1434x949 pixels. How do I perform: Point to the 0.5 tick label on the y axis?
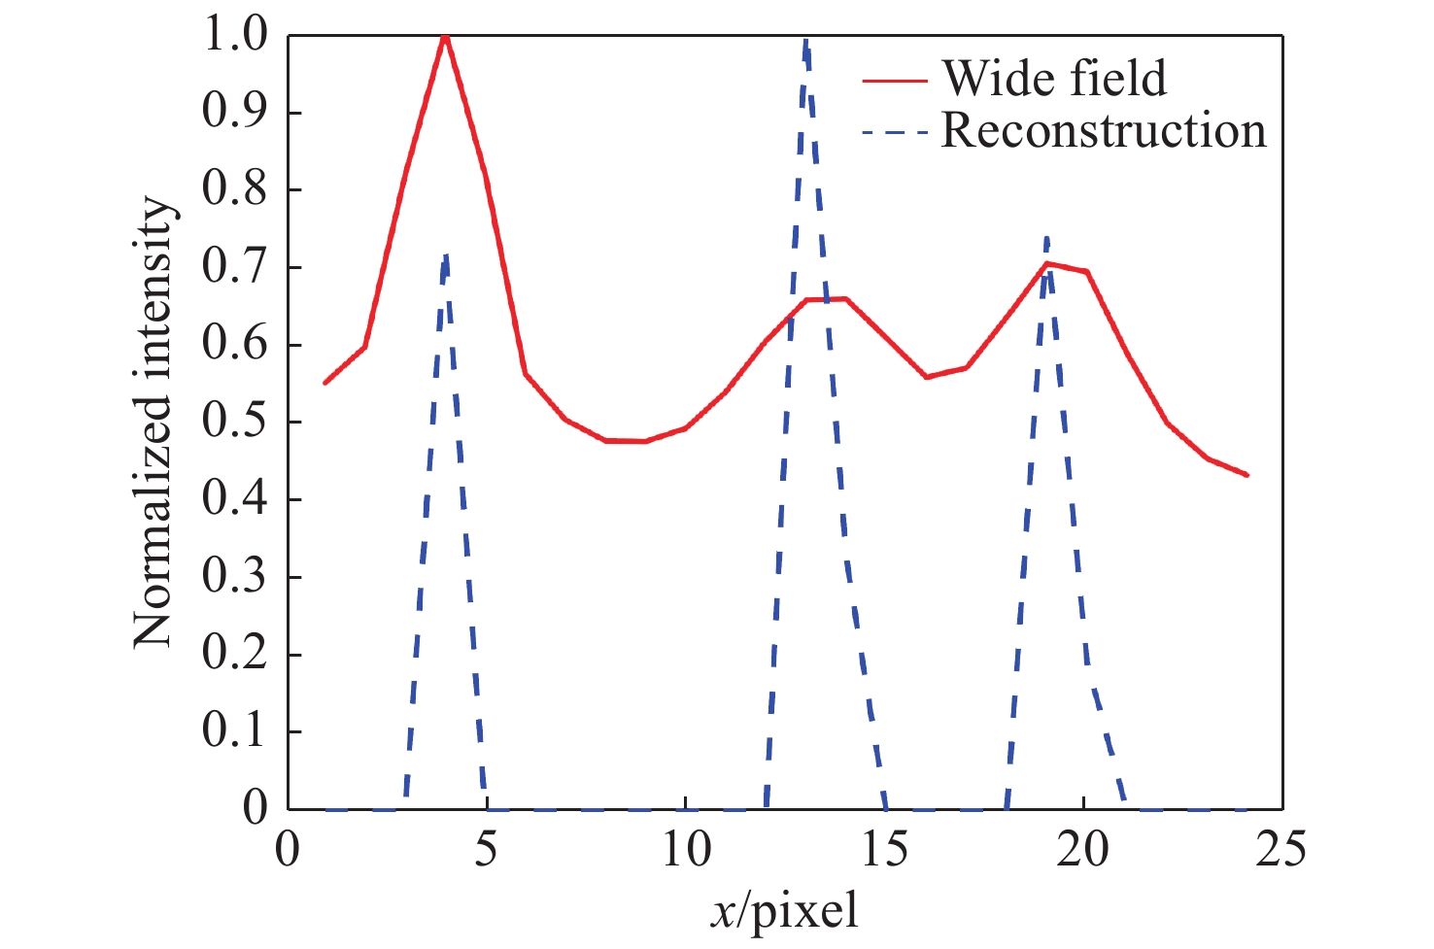coord(234,422)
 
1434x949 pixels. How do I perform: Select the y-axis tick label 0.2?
coord(234,654)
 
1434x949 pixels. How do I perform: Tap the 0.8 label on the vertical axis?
coord(234,189)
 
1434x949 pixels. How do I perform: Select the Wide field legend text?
coord(1054,79)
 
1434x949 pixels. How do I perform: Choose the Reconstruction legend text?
coord(1104,131)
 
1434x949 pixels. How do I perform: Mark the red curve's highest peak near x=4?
coord(445,37)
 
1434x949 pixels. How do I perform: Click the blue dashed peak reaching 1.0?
coord(805,41)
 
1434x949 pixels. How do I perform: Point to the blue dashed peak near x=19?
coord(1046,239)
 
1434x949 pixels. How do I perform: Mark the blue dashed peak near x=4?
coord(445,256)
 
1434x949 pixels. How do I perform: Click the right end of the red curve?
coord(1246,475)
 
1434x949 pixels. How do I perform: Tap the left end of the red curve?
coord(325,383)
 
